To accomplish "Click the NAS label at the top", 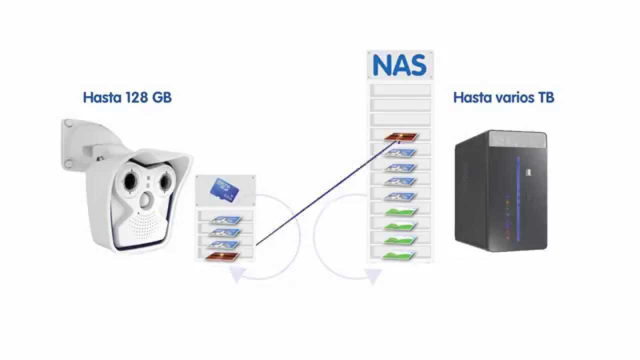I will tap(399, 65).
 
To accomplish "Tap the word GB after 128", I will tap(160, 97).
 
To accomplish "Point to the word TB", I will tap(545, 97).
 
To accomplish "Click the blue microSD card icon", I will tap(224, 190).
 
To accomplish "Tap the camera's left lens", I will tap(127, 180).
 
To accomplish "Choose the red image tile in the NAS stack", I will tap(400, 136).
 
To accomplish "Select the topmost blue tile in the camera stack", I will tap(225, 219).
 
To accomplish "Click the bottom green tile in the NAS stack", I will tap(400, 255).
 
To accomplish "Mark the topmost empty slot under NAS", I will tap(400, 90).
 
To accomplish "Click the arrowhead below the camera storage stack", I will tap(237, 275).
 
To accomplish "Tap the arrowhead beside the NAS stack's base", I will tap(372, 275).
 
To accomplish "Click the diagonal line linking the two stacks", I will tap(325, 194).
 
